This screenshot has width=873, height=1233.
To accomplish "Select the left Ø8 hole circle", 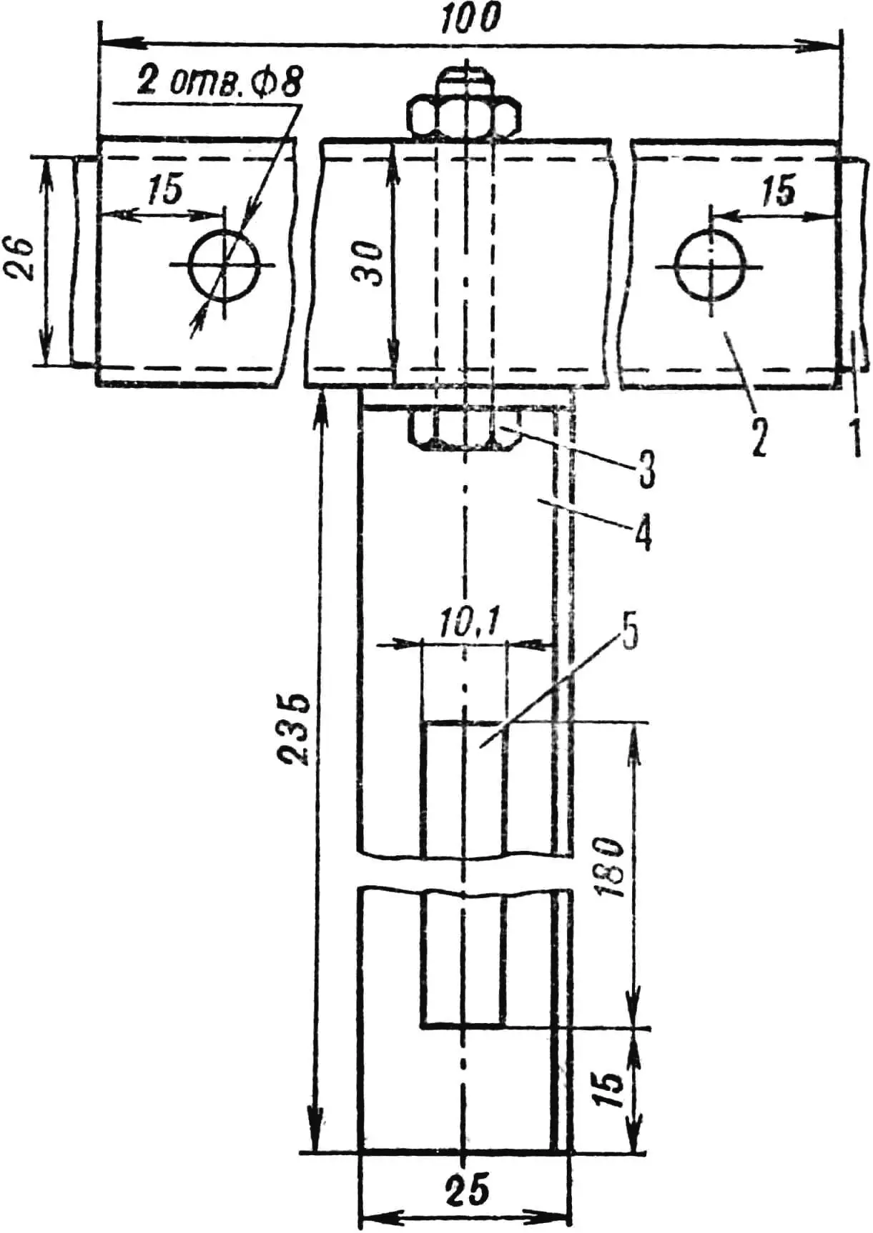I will [225, 265].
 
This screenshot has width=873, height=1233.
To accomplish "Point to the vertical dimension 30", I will [370, 262].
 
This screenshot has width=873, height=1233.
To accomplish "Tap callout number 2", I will [759, 437].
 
